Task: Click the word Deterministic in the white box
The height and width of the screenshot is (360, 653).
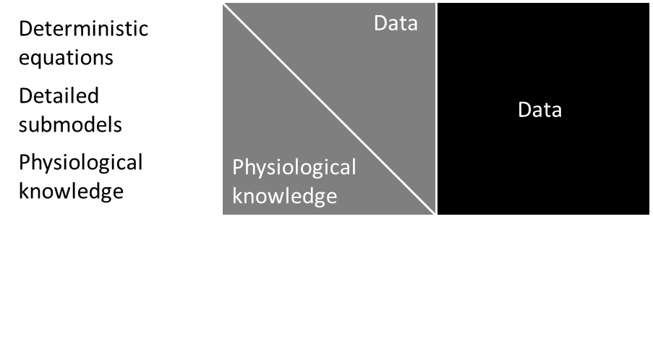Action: point(83,29)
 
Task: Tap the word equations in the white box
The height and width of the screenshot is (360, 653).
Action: point(66,57)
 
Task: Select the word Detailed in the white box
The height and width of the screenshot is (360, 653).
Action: point(59,96)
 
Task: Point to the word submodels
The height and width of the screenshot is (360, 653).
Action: point(70,124)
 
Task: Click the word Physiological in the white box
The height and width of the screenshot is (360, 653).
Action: point(81,163)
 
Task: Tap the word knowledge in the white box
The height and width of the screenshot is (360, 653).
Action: point(71,191)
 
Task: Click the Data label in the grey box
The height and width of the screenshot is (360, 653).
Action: point(396,24)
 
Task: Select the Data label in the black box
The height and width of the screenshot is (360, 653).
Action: point(540,110)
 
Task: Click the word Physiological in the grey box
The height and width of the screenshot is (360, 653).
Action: point(294,168)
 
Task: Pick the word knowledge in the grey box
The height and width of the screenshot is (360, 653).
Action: point(284,196)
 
